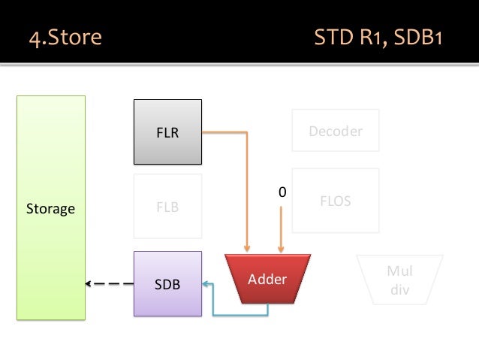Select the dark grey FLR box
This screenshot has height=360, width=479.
(x=167, y=132)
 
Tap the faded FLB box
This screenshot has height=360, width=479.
(x=167, y=207)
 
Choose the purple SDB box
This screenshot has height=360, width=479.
(x=167, y=283)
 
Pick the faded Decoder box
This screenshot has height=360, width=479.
(x=335, y=131)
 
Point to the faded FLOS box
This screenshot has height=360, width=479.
(x=335, y=201)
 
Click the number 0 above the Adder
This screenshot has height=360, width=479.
(x=282, y=193)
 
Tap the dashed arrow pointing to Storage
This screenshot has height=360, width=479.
(x=109, y=284)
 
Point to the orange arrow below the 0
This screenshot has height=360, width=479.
(x=282, y=229)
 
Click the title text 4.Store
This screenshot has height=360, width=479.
(x=64, y=37)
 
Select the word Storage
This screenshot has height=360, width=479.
(x=51, y=208)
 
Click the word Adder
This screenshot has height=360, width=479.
(x=267, y=279)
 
